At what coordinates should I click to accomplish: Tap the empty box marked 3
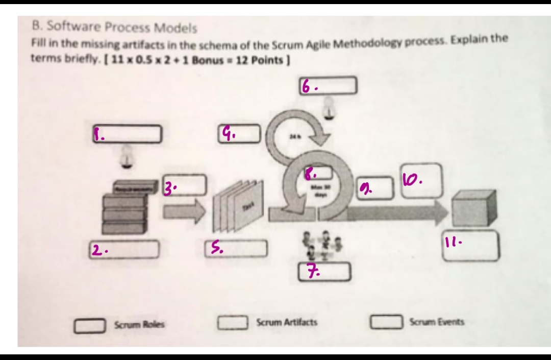(185, 185)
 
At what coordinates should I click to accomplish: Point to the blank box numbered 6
(327, 85)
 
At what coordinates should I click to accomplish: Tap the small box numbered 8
(319, 173)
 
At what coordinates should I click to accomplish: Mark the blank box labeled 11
(470, 246)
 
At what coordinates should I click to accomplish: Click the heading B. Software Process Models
(114, 27)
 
